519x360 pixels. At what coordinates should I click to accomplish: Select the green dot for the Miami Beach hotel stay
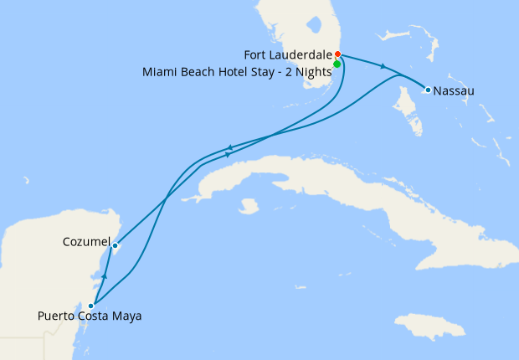coord(337,64)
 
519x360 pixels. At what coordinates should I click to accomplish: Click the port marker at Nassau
coord(428,90)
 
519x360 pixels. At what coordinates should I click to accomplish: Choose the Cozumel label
coord(86,242)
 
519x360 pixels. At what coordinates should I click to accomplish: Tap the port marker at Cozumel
coord(115,245)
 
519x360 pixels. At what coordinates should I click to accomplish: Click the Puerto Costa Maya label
coord(90,316)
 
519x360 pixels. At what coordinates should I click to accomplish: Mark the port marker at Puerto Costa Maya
coord(90,306)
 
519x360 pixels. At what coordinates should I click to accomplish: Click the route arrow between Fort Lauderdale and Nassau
coord(383,66)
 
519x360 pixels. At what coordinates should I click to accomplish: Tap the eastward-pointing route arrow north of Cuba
coord(228,155)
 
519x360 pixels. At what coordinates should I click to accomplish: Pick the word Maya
coord(127,316)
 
